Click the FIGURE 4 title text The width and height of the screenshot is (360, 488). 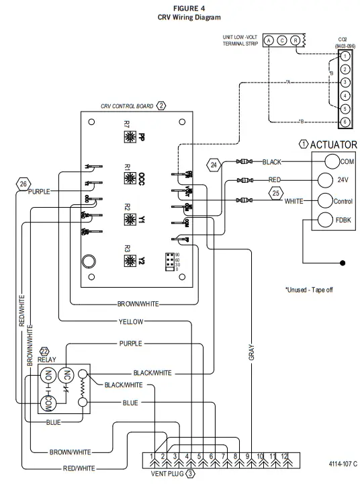click(x=179, y=7)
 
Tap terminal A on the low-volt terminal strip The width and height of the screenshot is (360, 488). click(x=269, y=40)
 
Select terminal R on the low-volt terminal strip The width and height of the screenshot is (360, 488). click(x=295, y=40)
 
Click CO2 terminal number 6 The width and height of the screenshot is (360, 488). click(x=344, y=122)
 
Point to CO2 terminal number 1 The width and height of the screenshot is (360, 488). click(x=344, y=57)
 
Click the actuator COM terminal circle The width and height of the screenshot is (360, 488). click(x=331, y=161)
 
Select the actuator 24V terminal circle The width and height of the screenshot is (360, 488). click(x=325, y=180)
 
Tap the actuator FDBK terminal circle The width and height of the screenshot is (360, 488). click(x=324, y=220)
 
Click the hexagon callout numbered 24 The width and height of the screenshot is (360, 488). click(x=214, y=164)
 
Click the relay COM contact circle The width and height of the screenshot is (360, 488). click(x=48, y=404)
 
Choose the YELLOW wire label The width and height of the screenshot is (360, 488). click(x=130, y=321)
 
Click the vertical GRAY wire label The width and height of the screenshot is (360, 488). click(x=251, y=354)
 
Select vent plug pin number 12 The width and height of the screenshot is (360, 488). click(x=285, y=457)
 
